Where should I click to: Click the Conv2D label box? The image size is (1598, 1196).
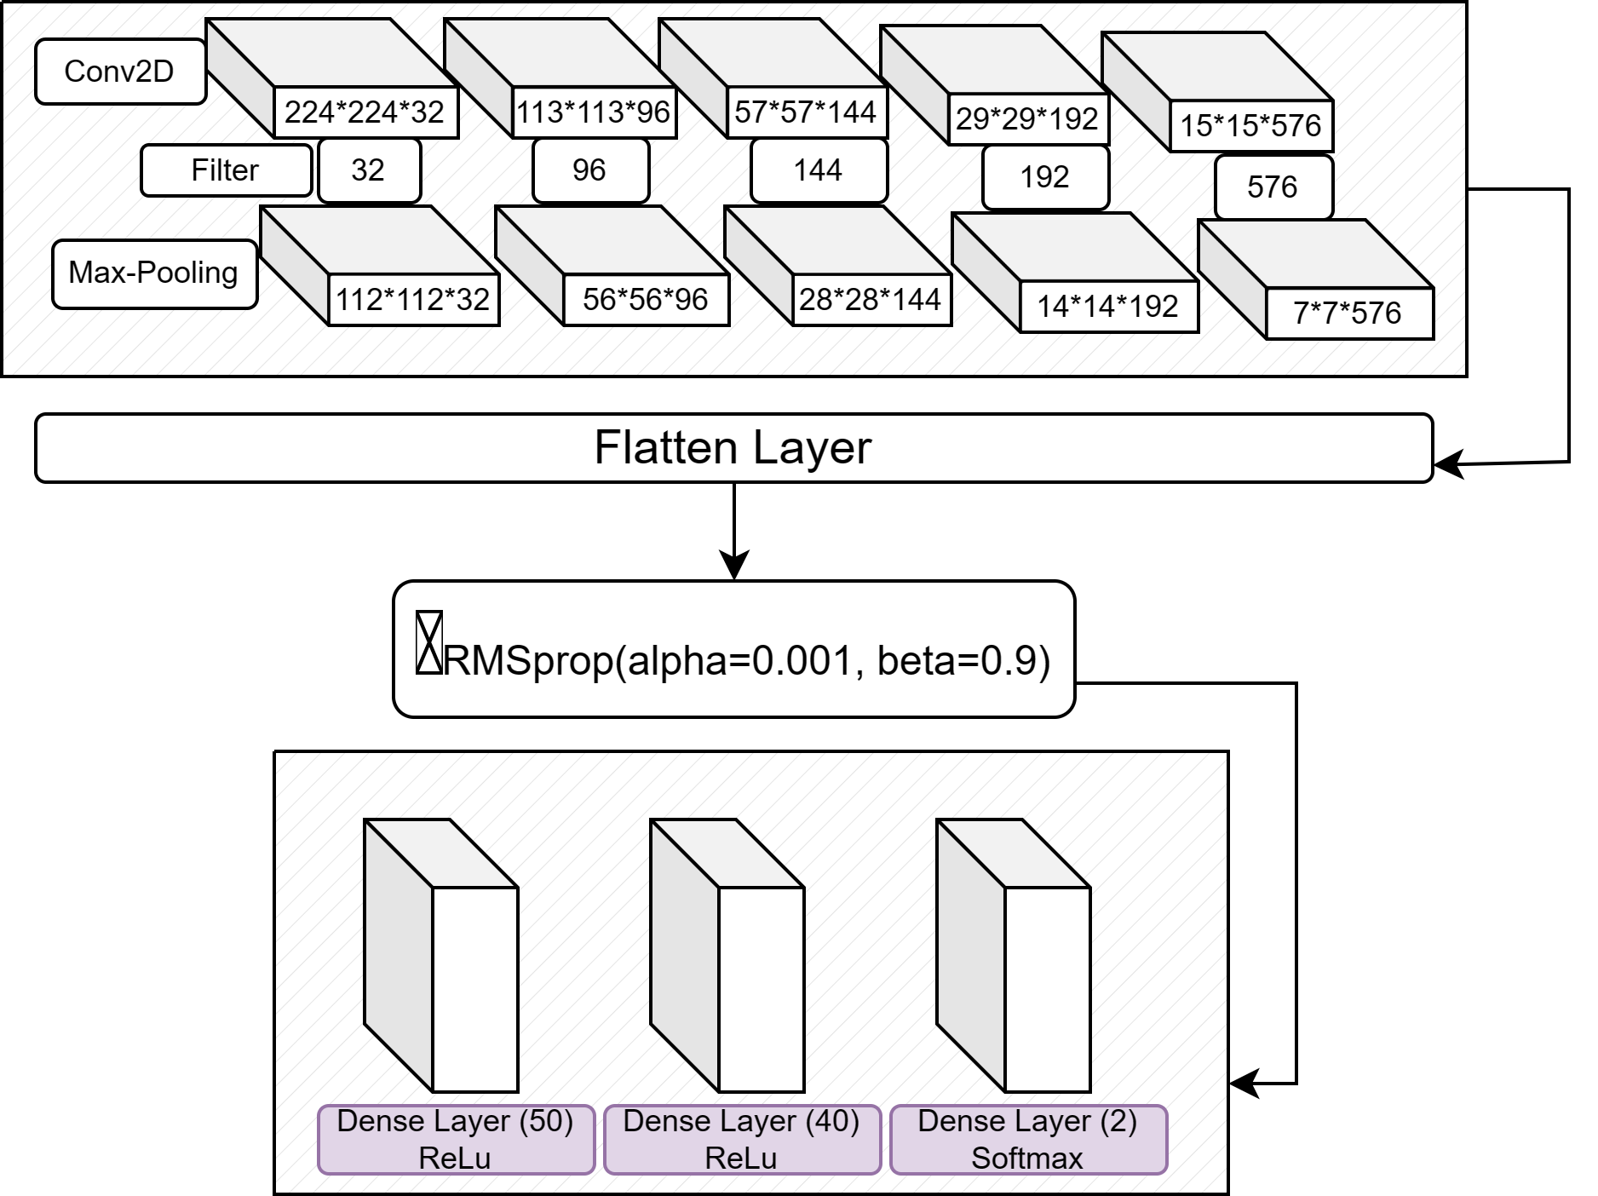pyautogui.click(x=119, y=72)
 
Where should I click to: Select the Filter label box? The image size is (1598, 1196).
pyautogui.click(x=225, y=170)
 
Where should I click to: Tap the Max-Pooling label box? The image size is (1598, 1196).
pyautogui.click(x=153, y=273)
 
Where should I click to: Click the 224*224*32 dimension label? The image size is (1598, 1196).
pyautogui.click(x=365, y=112)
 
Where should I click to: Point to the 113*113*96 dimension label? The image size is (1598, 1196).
pyautogui.click(x=594, y=112)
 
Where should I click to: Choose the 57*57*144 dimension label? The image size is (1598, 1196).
pyautogui.click(x=806, y=112)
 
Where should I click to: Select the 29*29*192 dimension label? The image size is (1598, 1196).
pyautogui.click(x=1027, y=119)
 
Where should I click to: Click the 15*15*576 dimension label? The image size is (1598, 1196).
pyautogui.click(x=1250, y=126)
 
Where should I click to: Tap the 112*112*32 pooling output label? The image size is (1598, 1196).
pyautogui.click(x=413, y=300)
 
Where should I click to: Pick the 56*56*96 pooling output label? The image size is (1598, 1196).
pyautogui.click(x=646, y=300)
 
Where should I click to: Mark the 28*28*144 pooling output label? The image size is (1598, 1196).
pyautogui.click(x=871, y=300)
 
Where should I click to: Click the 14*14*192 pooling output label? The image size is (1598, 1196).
pyautogui.click(x=1108, y=307)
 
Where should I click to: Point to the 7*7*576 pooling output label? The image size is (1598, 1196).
pyautogui.click(x=1348, y=313)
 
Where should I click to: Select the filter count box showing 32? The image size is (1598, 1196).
pyautogui.click(x=368, y=170)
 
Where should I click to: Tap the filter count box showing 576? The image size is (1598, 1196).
pyautogui.click(x=1273, y=187)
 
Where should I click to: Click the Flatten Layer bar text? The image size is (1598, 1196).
pyautogui.click(x=733, y=448)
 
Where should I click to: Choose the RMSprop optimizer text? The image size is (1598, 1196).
pyautogui.click(x=746, y=660)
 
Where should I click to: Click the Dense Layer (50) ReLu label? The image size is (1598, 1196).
pyautogui.click(x=455, y=1140)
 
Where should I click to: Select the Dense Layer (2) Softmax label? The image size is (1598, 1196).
pyautogui.click(x=1027, y=1140)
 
